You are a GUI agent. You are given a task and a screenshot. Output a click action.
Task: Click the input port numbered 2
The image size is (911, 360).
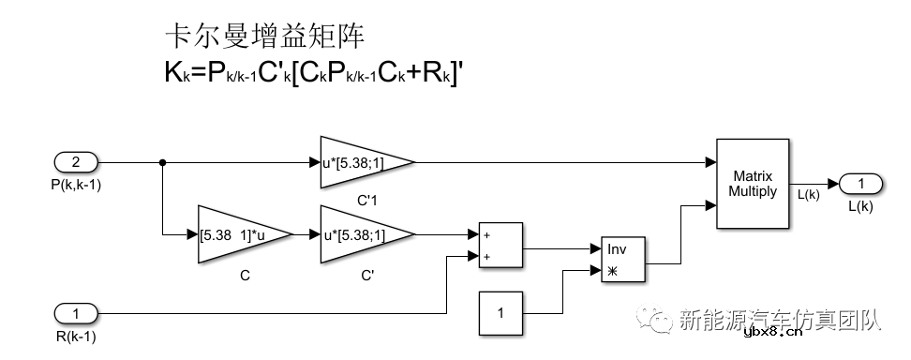coord(78,162)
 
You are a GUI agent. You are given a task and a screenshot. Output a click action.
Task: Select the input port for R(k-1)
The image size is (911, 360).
coord(78,312)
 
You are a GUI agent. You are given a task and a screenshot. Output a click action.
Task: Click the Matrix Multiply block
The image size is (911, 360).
coord(753,184)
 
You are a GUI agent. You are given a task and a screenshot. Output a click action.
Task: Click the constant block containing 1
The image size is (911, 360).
coord(500,312)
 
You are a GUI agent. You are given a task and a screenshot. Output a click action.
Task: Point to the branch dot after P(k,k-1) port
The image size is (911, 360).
coord(163,162)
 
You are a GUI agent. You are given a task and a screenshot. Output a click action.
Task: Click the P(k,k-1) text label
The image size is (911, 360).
coord(76,185)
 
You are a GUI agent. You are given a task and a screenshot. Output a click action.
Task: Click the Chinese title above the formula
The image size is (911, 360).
coord(264,37)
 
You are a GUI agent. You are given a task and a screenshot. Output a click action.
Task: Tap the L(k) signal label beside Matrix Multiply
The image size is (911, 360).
coord(808,194)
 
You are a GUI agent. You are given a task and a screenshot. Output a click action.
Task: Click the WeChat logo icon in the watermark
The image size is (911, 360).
coord(659,320)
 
